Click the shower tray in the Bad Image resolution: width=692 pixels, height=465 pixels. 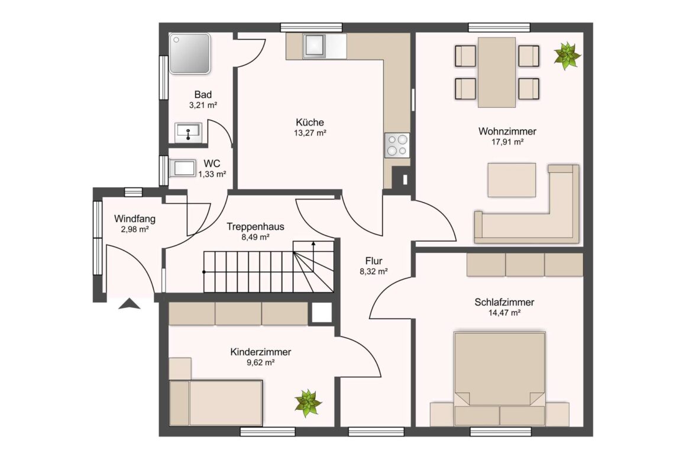click(x=190, y=53)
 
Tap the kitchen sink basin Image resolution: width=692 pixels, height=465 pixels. click(x=315, y=46)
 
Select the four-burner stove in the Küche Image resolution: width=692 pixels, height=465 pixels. click(x=397, y=145)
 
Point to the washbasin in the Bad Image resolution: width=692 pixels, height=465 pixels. click(x=189, y=132)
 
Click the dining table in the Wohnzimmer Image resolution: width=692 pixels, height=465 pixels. click(x=496, y=72)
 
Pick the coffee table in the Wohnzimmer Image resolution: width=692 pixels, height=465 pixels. click(x=512, y=180)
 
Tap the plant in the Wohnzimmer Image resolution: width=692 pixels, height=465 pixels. click(x=567, y=55)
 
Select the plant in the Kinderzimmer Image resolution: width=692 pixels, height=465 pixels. click(x=308, y=403)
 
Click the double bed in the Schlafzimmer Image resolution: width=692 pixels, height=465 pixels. click(x=500, y=379)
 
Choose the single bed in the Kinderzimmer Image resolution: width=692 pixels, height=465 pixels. click(x=216, y=403)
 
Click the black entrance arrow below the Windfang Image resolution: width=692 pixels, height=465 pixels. click(x=130, y=304)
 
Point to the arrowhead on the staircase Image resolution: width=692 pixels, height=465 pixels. click(x=313, y=243)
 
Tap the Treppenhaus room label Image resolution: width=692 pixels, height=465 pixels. click(x=255, y=227)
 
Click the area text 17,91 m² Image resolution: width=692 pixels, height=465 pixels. click(x=507, y=142)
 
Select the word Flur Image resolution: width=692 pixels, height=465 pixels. click(x=373, y=261)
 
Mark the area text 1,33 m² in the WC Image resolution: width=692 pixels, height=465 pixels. click(x=212, y=174)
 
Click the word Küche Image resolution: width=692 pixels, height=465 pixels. click(x=310, y=123)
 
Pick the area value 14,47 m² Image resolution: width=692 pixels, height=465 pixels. click(x=505, y=313)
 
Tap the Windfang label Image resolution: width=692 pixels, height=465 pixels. click(x=135, y=219)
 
